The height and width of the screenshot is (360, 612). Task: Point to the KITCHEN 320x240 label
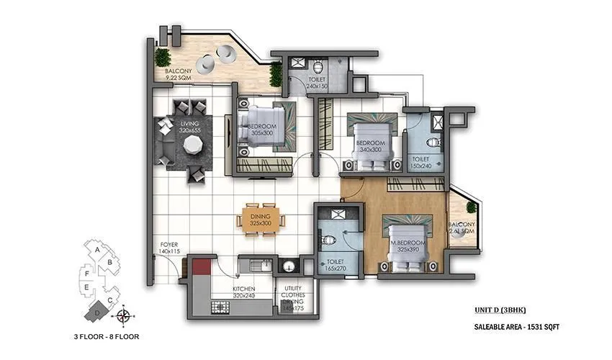coord(245,292)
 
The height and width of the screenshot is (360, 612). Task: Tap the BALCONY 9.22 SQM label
coord(177,74)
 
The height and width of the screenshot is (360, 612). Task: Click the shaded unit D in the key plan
coord(97,312)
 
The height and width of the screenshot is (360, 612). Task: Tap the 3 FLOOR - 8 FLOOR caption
coord(106,336)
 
